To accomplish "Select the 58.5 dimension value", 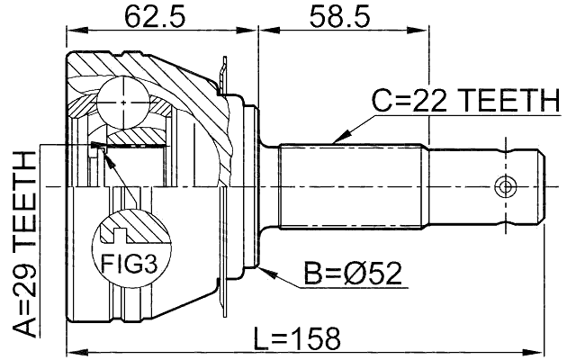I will [335, 16].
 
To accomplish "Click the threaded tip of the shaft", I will [531, 187].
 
